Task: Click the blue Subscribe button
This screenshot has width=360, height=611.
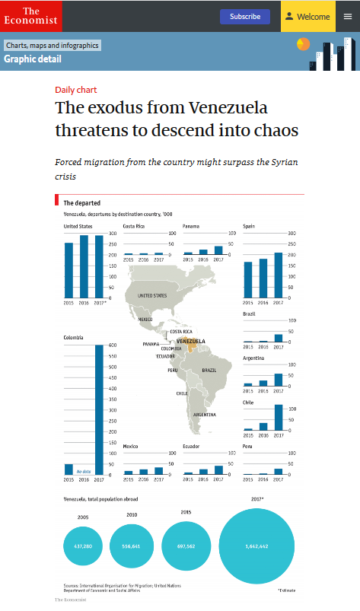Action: coord(245,16)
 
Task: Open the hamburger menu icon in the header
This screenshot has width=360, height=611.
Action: coord(348,16)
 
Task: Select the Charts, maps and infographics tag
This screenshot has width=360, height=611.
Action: coord(52,46)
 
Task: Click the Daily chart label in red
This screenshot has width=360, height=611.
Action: coord(76,90)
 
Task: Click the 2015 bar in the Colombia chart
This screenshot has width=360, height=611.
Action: coord(68,469)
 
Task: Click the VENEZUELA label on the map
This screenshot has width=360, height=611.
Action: coord(191,341)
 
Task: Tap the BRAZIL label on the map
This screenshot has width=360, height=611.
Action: coord(209,370)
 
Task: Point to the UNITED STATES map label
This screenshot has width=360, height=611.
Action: coord(151,295)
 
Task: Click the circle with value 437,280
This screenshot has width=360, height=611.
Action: coord(83,546)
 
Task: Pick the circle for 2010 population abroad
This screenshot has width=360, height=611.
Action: coord(132,546)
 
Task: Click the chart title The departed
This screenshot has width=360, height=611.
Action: coord(79,203)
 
